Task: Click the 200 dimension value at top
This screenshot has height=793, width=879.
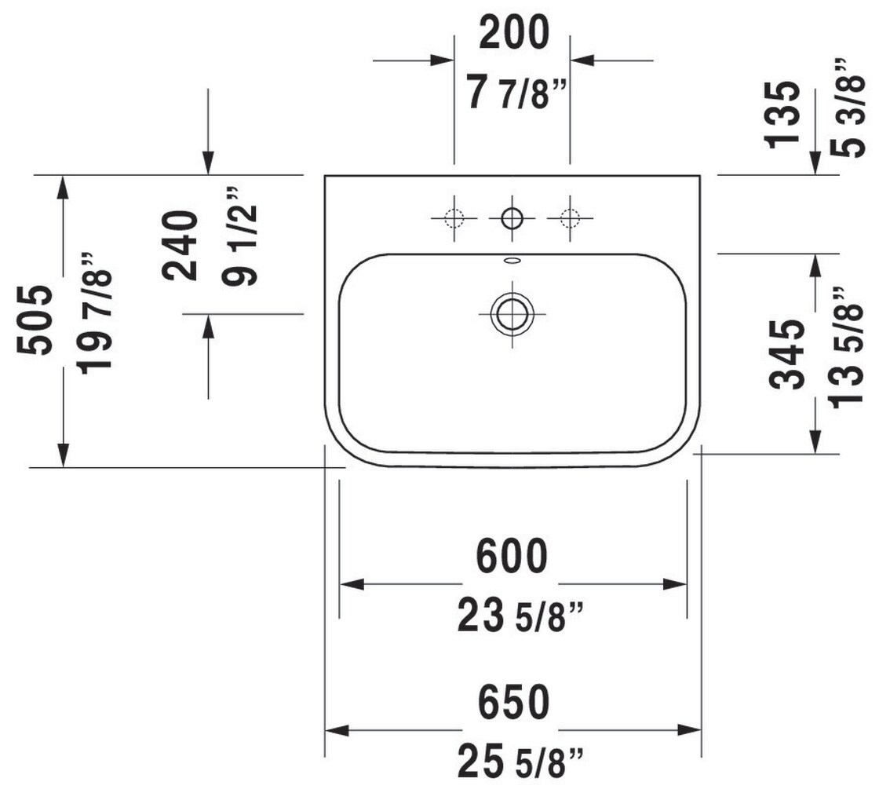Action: [513, 34]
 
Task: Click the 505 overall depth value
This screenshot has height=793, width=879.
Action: [36, 320]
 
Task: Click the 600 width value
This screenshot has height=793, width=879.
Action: [512, 557]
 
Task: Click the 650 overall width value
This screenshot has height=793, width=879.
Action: [512, 703]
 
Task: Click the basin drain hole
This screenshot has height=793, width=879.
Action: [512, 312]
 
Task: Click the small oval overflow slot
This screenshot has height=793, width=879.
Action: [512, 260]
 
